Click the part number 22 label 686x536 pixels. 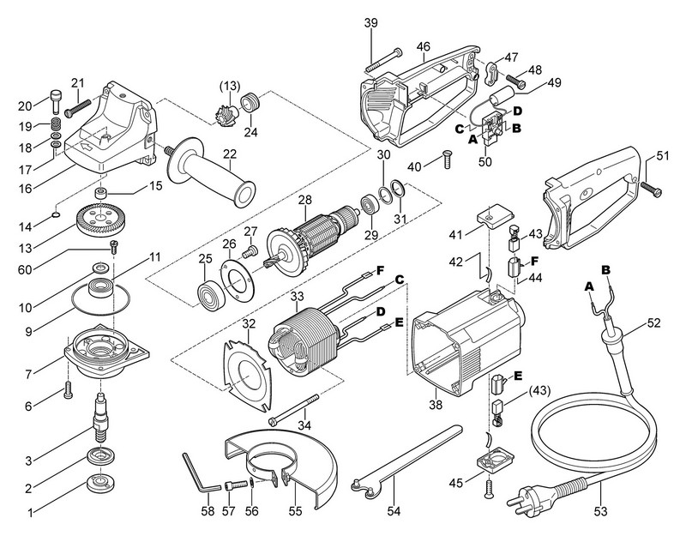pyautogui.click(x=230, y=155)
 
